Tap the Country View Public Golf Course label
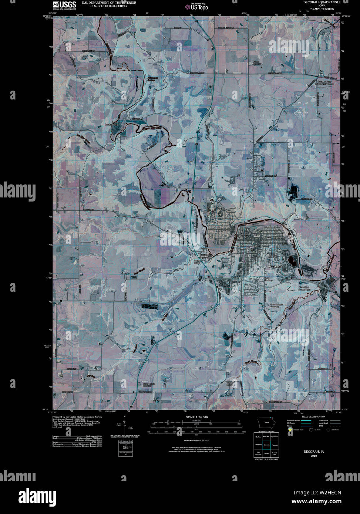coord(324,83)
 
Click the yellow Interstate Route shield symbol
coord(290,430)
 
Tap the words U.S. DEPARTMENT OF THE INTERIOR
coord(109,3)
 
